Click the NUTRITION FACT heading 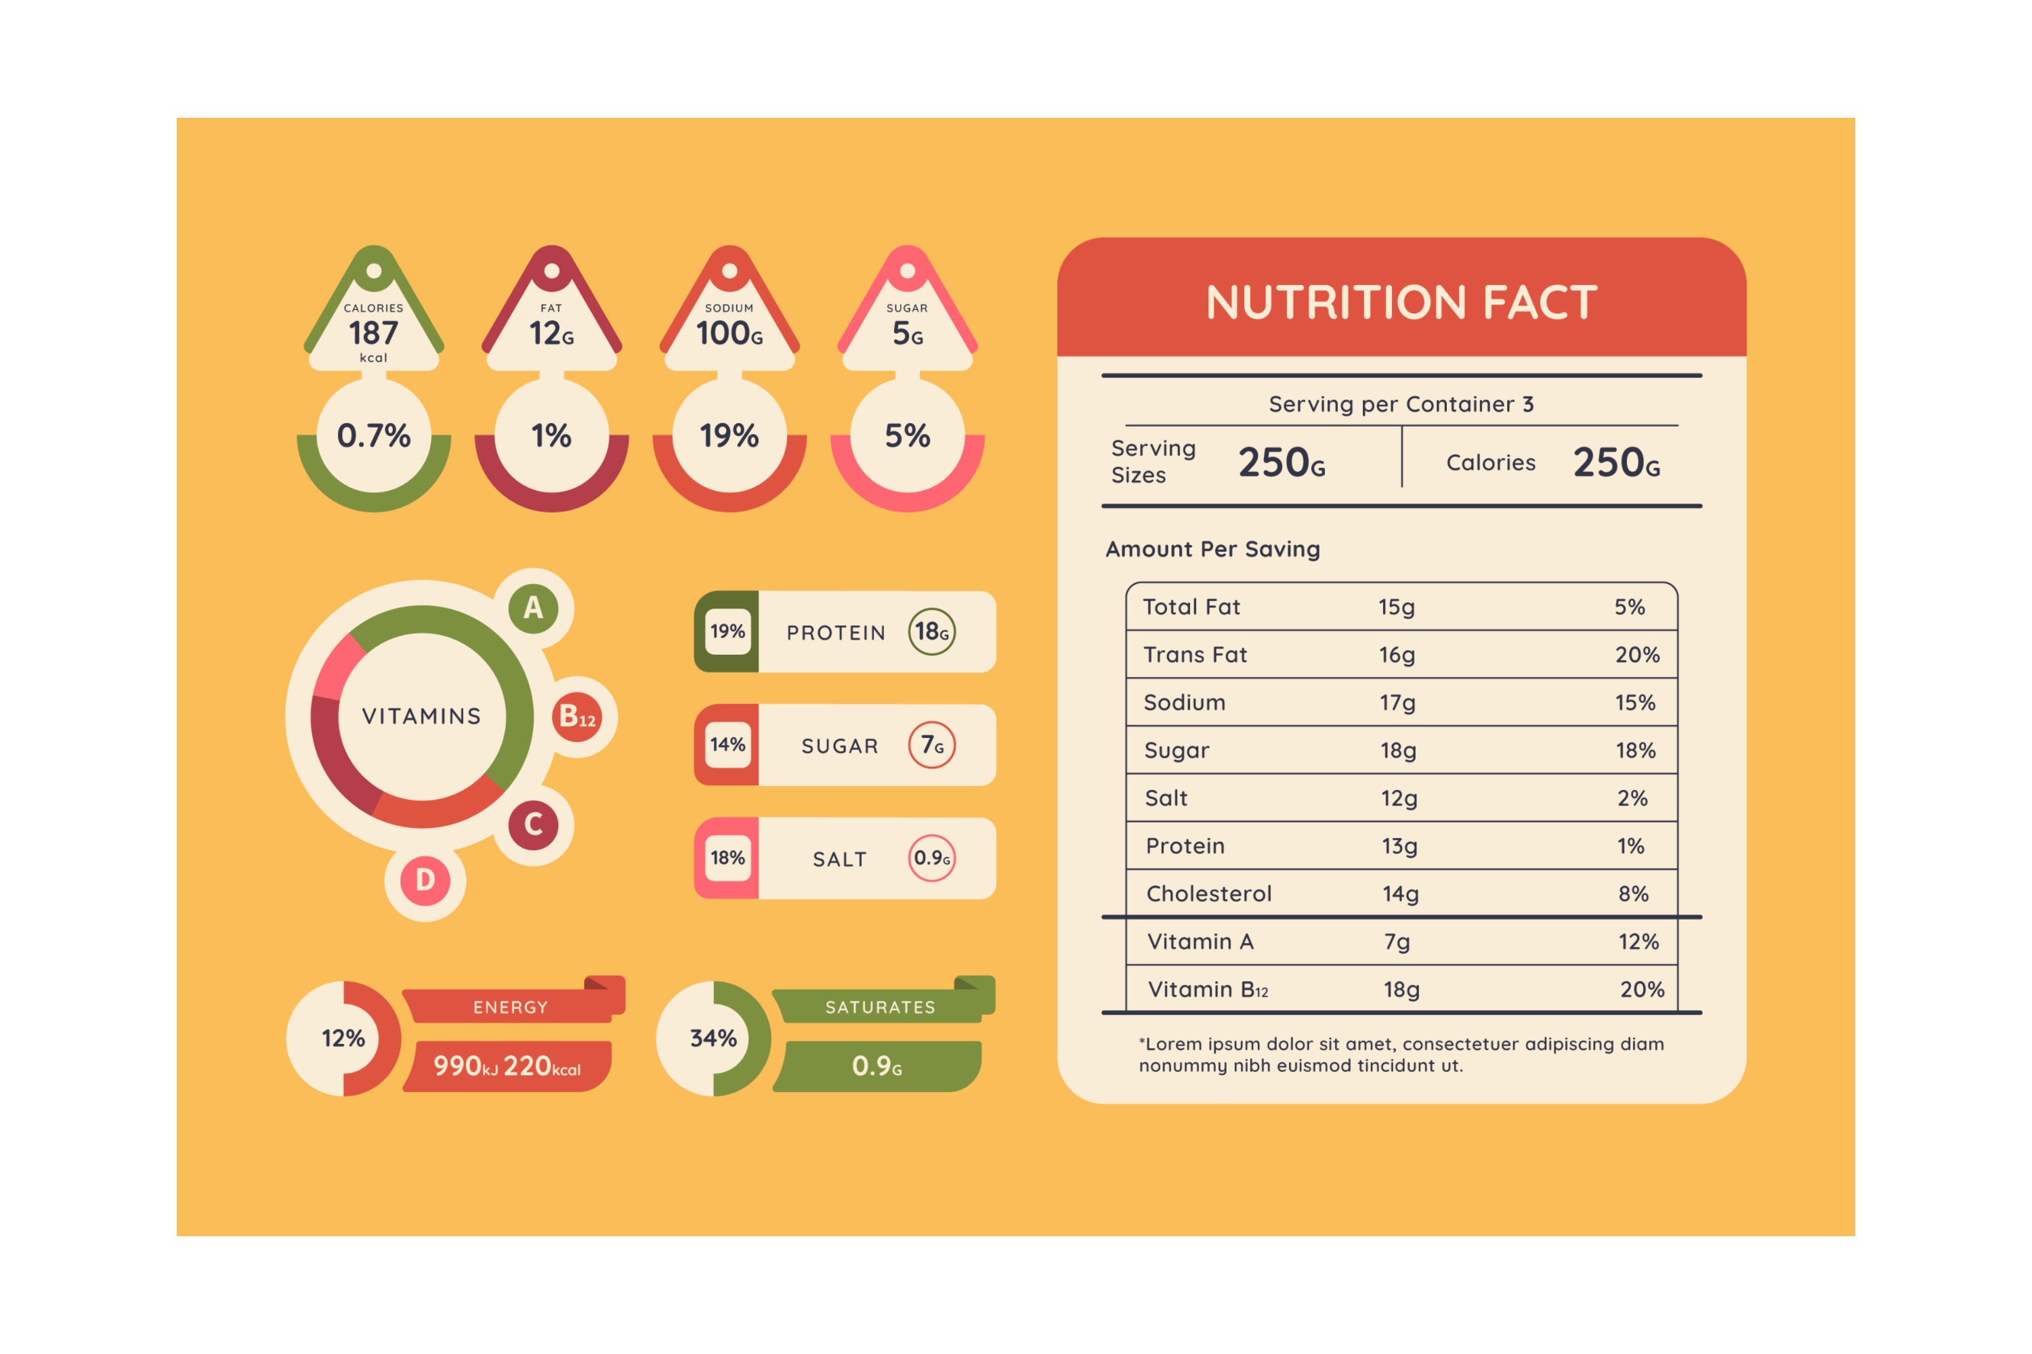(1401, 302)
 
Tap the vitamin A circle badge (533, 608)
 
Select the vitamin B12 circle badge (577, 717)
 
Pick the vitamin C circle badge (533, 825)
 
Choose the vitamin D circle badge (425, 880)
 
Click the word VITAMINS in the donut (421, 716)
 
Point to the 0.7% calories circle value (373, 436)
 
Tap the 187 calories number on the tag (373, 333)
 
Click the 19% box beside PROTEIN (727, 631)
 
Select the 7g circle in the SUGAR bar (931, 744)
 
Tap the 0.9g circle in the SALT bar (931, 858)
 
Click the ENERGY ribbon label (510, 1007)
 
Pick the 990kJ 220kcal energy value (507, 1066)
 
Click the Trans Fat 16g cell (1397, 655)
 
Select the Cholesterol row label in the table (1208, 894)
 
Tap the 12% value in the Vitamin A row (1638, 941)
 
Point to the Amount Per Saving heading (1213, 549)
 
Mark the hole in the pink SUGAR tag (907, 271)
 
